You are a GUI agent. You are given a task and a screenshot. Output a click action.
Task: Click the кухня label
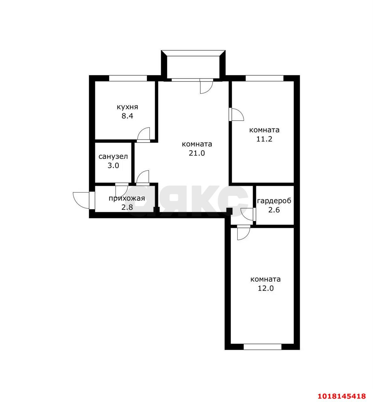pyautogui.click(x=127, y=107)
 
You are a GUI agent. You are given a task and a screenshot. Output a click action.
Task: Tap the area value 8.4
pyautogui.click(x=127, y=116)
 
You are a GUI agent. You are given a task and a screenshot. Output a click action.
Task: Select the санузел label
pyautogui.click(x=113, y=156)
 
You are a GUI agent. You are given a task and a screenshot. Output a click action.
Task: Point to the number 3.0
pyautogui.click(x=113, y=166)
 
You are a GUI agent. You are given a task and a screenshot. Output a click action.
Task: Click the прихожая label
pyautogui.click(x=127, y=198)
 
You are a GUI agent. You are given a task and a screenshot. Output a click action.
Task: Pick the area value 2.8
pyautogui.click(x=127, y=207)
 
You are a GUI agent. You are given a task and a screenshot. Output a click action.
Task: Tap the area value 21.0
pyautogui.click(x=197, y=153)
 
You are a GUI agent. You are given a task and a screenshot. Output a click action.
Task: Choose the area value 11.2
pyautogui.click(x=264, y=139)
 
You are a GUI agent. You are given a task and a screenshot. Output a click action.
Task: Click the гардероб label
pyautogui.click(x=274, y=201)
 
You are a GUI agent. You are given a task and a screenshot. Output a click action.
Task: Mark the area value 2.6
pyautogui.click(x=274, y=210)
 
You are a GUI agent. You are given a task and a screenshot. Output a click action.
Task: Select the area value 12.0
pyautogui.click(x=266, y=288)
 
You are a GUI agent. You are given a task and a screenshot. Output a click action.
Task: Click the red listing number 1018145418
pyautogui.click(x=342, y=396)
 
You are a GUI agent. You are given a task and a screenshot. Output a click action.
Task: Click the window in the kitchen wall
pyautogui.click(x=128, y=78)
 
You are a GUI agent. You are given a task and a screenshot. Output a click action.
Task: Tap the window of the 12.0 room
pyautogui.click(x=262, y=347)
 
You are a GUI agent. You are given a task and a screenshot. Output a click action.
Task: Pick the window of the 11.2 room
pyautogui.click(x=264, y=78)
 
